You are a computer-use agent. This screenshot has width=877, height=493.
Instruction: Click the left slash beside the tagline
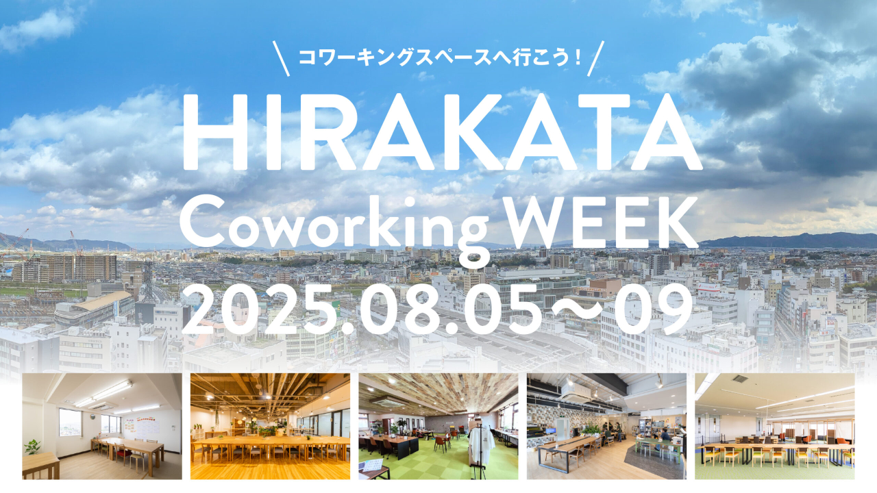point(281,58)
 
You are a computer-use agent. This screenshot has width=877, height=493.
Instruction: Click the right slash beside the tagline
point(596,58)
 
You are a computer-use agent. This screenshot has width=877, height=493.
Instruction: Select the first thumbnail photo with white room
point(102,426)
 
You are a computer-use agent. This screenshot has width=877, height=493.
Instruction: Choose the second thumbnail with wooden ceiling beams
point(270,426)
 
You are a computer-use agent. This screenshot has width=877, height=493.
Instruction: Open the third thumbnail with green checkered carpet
point(438,426)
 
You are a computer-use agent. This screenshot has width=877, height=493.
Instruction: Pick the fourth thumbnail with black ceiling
point(606,426)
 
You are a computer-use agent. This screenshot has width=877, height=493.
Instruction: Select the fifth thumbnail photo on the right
point(775,426)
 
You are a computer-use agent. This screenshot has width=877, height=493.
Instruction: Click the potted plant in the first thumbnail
point(32,447)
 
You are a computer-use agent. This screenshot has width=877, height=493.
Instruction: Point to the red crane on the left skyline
point(16,244)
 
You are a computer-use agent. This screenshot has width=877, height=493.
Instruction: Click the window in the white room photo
point(70,422)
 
